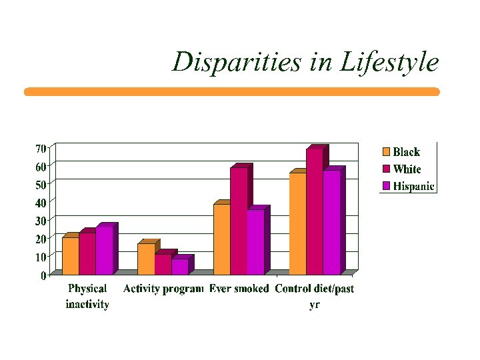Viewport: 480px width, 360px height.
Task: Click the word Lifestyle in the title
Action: pos(389,62)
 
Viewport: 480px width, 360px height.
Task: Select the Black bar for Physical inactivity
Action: pos(70,256)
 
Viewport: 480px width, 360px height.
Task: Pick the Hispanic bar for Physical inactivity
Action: pos(104,251)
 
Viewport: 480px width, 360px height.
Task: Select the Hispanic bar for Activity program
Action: pos(179,267)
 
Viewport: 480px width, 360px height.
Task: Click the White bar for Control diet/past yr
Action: pos(315,211)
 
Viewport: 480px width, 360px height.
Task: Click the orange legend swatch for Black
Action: pos(386,152)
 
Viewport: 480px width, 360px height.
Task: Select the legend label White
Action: pos(407,169)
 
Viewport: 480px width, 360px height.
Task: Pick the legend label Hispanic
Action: pos(413,187)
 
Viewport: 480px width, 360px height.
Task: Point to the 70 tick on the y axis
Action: pos(41,147)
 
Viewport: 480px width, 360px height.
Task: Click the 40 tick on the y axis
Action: pos(41,202)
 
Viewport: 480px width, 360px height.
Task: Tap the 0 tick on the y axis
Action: pos(43,275)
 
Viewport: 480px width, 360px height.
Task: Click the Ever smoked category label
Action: pos(239,289)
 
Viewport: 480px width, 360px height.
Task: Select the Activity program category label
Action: pos(163,289)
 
